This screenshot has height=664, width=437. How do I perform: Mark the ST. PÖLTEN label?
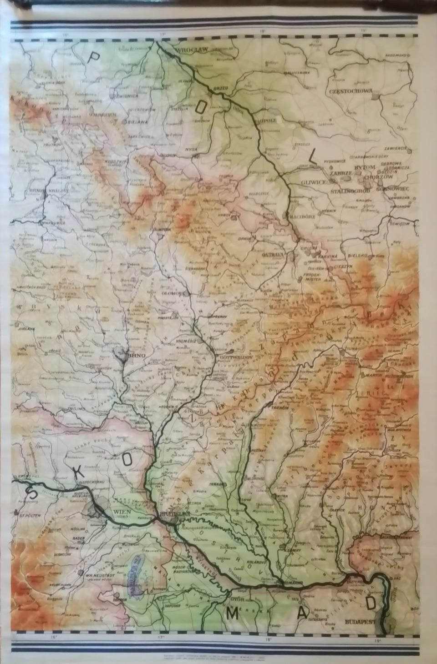29,515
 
